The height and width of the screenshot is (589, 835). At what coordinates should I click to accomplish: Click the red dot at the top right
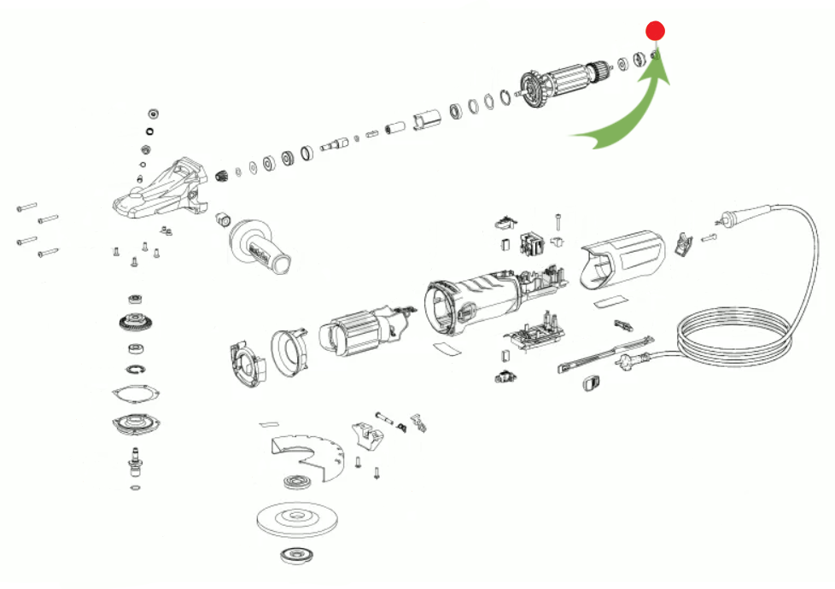click(655, 32)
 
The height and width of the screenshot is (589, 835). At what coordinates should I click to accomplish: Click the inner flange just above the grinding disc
click(296, 482)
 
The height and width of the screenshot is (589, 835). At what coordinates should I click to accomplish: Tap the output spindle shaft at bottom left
click(133, 461)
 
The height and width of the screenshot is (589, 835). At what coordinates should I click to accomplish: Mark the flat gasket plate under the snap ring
click(136, 394)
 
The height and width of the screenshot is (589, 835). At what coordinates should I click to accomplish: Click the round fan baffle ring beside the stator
click(289, 351)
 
